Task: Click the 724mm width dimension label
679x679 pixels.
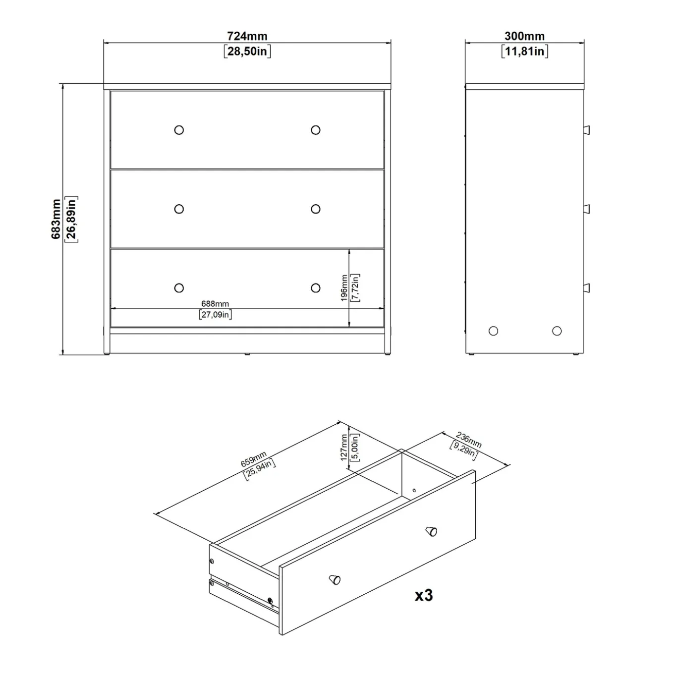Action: (247, 36)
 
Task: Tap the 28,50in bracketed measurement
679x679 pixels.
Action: (247, 52)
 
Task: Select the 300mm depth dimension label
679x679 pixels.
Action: (524, 36)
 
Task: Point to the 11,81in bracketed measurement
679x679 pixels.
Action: (524, 52)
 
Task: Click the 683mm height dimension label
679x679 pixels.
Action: (56, 219)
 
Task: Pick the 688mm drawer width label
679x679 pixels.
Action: (215, 303)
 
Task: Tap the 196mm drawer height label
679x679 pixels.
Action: (344, 288)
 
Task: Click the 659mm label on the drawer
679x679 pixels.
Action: (253, 459)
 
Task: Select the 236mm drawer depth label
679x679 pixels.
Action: (468, 440)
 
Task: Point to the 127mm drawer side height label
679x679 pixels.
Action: (344, 448)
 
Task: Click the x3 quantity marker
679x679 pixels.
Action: (423, 595)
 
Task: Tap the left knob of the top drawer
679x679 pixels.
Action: (179, 130)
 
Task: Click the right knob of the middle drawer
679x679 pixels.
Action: (315, 209)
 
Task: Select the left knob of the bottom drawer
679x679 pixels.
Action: (179, 288)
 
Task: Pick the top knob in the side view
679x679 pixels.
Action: (586, 130)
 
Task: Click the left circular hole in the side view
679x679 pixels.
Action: (493, 331)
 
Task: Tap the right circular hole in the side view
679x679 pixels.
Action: (557, 331)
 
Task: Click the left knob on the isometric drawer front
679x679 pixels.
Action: (335, 579)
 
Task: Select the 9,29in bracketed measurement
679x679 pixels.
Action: (464, 451)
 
